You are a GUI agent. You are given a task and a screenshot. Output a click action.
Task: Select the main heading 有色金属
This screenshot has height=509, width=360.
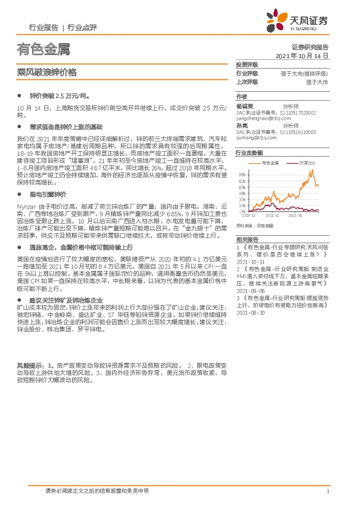click(x=41, y=48)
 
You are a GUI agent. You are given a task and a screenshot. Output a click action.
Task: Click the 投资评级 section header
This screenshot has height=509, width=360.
click(x=246, y=65)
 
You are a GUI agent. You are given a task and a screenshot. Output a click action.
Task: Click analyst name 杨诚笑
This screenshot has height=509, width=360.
click(x=244, y=106)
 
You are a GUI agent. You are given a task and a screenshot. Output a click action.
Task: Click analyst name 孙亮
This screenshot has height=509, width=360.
click(x=241, y=126)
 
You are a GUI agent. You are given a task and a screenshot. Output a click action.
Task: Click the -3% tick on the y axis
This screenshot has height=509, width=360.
click(x=242, y=211)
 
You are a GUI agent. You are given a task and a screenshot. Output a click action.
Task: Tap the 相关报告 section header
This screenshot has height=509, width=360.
click(x=246, y=240)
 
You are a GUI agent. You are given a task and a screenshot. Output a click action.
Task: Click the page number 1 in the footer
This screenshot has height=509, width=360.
click(x=327, y=491)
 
